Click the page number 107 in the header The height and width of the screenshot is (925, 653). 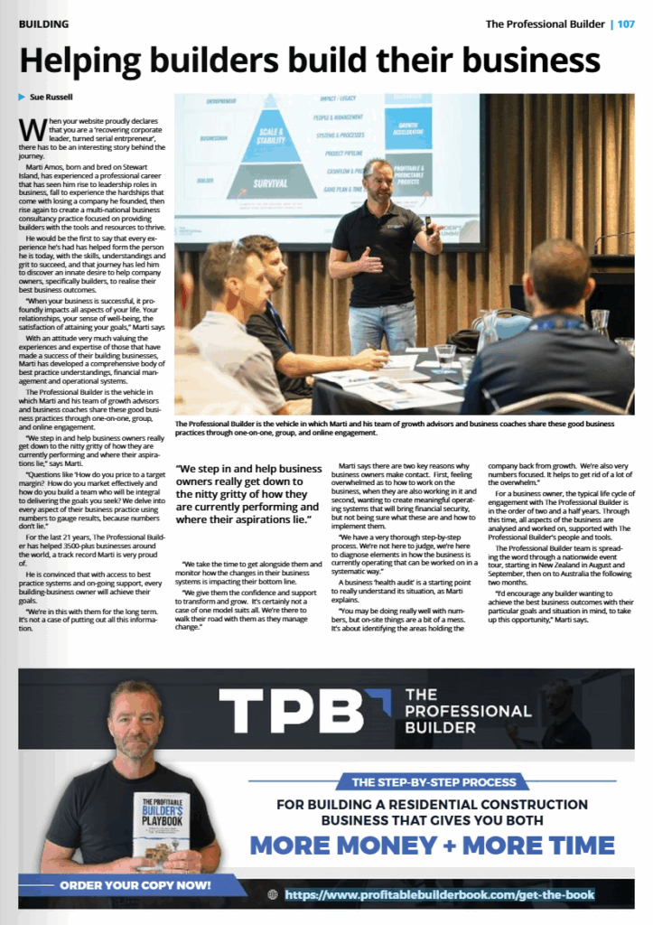click(x=625, y=23)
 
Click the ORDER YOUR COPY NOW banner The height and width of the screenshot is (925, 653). click(x=135, y=885)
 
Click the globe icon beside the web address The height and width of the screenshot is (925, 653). click(x=273, y=895)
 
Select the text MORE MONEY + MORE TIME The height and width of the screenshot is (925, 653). click(x=433, y=846)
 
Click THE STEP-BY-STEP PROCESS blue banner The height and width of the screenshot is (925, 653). click(x=432, y=782)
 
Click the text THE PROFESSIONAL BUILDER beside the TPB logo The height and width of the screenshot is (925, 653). click(x=467, y=710)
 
